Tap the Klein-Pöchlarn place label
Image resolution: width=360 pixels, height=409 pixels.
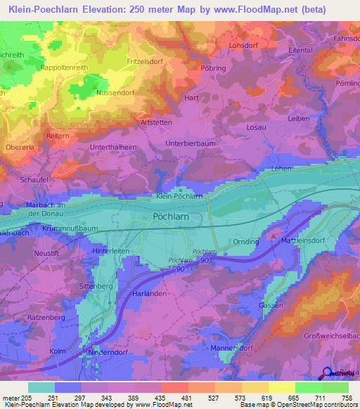click(x=179, y=197)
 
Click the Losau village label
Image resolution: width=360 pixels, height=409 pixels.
click(x=256, y=127)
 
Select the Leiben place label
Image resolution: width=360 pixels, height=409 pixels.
click(x=298, y=119)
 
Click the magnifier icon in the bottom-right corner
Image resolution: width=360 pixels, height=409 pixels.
click(x=328, y=373)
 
